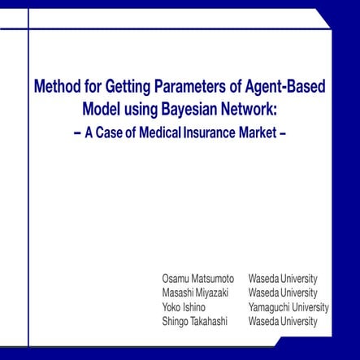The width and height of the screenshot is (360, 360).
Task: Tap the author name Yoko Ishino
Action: click(x=184, y=307)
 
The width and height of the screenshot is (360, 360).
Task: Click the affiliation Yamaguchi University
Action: click(x=288, y=307)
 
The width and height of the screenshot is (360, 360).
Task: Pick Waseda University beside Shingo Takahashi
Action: click(x=283, y=322)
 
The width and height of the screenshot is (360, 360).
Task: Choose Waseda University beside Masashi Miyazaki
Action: click(x=283, y=293)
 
